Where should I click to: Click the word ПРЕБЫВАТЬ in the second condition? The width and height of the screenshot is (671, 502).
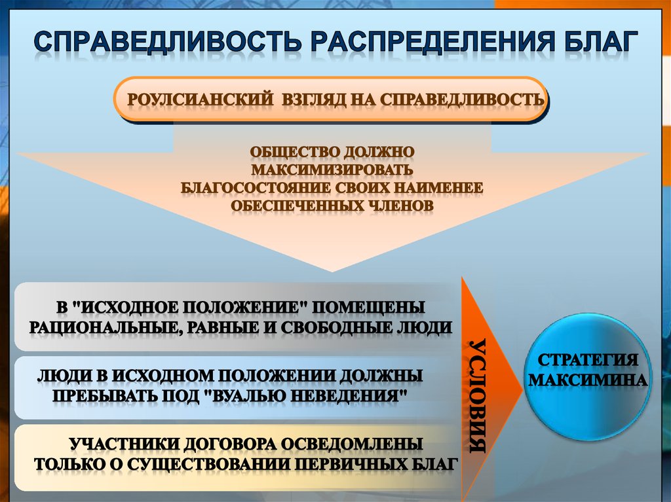point(109,396)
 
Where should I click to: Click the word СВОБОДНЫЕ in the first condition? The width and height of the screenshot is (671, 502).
point(335,327)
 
